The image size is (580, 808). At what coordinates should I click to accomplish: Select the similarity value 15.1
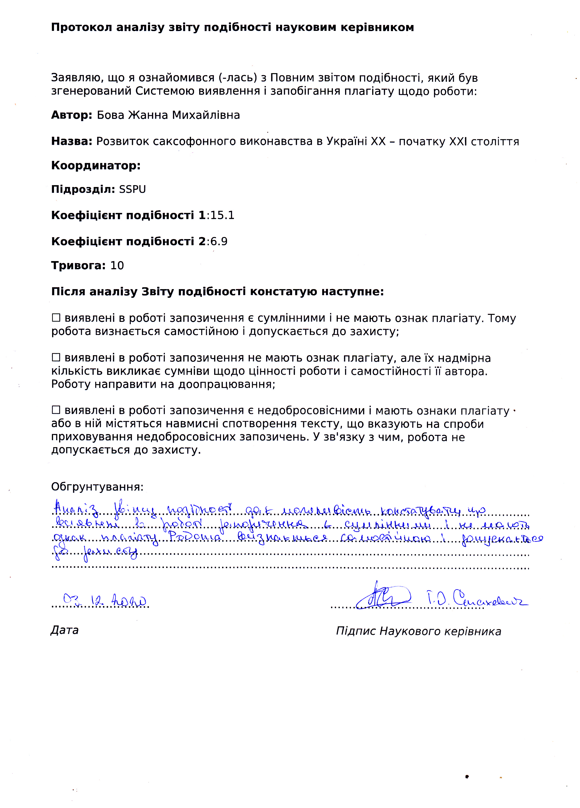(x=222, y=215)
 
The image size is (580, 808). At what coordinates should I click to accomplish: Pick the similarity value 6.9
(x=219, y=241)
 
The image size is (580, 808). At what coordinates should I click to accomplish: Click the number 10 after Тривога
(x=117, y=266)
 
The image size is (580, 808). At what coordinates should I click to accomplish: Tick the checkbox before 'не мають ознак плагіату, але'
(x=56, y=357)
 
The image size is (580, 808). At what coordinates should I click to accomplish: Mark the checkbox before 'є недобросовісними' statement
(x=56, y=410)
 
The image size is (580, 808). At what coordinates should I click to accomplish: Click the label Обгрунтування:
(x=97, y=487)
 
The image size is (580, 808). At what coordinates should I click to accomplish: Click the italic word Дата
(x=65, y=630)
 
